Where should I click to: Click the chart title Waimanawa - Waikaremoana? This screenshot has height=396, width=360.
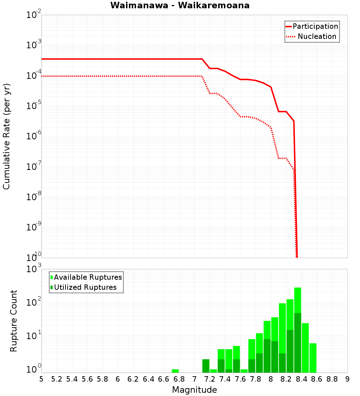tap(180, 5)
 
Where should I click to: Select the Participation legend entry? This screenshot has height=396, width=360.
tap(315, 26)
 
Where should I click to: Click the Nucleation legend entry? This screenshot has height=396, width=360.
tap(317, 36)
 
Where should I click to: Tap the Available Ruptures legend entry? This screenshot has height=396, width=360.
tap(88, 277)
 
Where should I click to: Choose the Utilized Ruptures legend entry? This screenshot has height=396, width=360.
tap(85, 287)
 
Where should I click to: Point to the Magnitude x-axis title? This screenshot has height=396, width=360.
tap(194, 390)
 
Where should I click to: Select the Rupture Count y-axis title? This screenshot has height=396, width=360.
tap(13, 320)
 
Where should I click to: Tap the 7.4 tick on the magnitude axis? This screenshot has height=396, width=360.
tap(225, 379)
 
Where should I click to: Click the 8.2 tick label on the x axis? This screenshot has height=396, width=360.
tap(286, 379)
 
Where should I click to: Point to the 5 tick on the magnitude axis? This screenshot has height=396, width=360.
tap(41, 379)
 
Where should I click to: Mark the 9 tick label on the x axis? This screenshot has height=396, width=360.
tap(347, 379)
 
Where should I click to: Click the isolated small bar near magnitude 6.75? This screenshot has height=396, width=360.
tap(175, 371)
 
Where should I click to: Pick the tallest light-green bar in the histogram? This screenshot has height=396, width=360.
tap(298, 299)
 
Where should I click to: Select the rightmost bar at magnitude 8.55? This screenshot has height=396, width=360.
tap(313, 358)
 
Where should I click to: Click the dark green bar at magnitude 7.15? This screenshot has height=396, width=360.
tap(206, 366)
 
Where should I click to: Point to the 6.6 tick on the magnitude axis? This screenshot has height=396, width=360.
tap(164, 379)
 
